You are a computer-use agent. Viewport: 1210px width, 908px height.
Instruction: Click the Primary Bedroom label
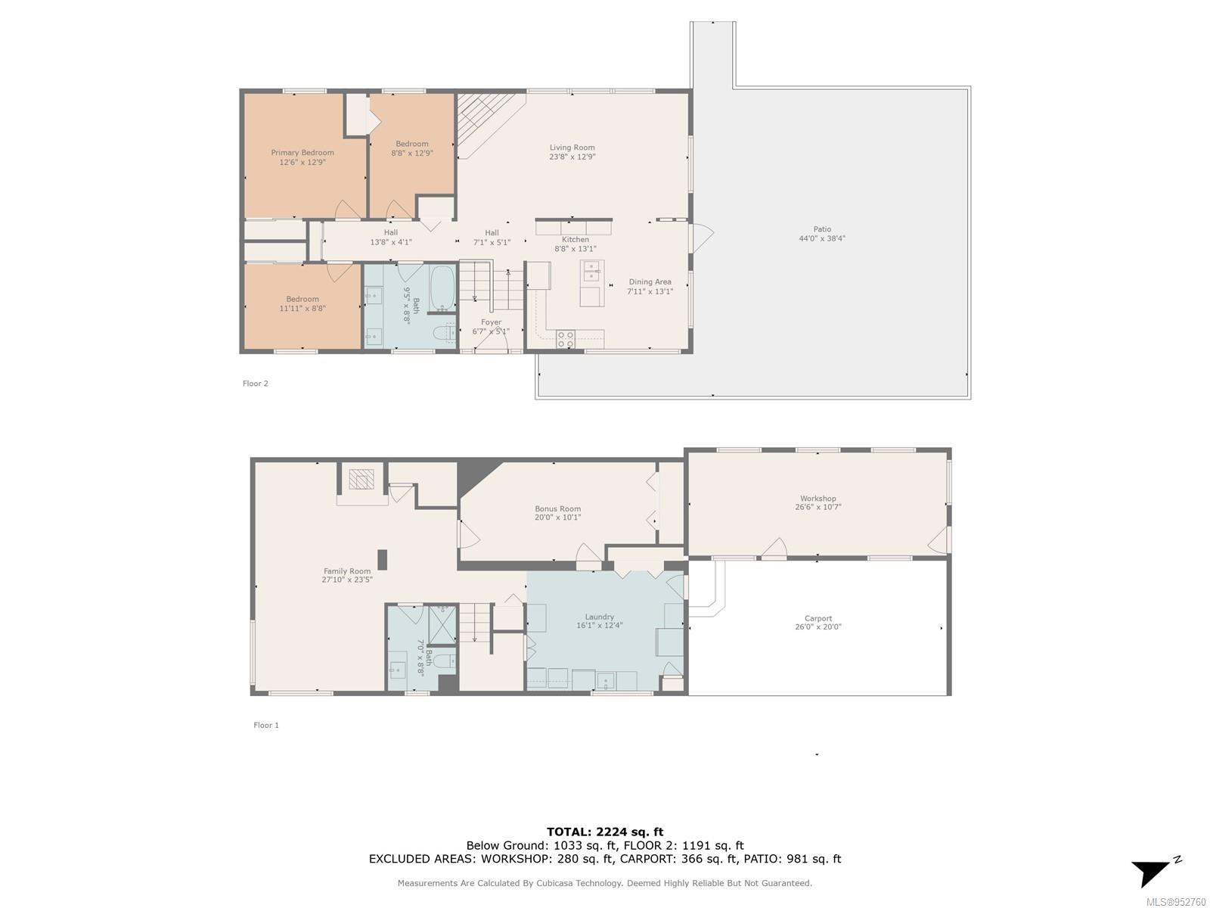pyautogui.click(x=302, y=153)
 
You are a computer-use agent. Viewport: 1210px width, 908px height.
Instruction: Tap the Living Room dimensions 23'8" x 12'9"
pyautogui.click(x=572, y=157)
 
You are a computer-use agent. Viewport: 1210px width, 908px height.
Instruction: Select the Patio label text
pyautogui.click(x=822, y=229)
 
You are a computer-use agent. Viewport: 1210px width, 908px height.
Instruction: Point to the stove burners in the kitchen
pyautogui.click(x=565, y=339)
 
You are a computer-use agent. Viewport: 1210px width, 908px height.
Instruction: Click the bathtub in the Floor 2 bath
pyautogui.click(x=442, y=288)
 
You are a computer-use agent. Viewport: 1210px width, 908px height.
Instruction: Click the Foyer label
pyautogui.click(x=491, y=322)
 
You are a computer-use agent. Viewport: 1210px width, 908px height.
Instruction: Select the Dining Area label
pyautogui.click(x=650, y=282)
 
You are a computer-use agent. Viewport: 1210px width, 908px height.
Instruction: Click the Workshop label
pyautogui.click(x=818, y=499)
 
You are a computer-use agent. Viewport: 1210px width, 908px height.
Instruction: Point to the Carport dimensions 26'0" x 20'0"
pyautogui.click(x=818, y=627)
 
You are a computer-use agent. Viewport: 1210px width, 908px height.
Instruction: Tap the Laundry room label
pyautogui.click(x=599, y=617)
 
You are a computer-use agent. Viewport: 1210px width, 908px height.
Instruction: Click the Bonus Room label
pyautogui.click(x=557, y=508)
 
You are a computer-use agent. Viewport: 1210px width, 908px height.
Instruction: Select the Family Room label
pyautogui.click(x=346, y=572)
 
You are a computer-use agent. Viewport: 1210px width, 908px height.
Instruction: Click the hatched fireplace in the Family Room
pyautogui.click(x=361, y=479)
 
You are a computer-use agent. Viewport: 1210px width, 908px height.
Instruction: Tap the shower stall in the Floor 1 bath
pyautogui.click(x=442, y=625)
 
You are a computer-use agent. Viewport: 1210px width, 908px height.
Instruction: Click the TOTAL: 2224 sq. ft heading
pyautogui.click(x=605, y=832)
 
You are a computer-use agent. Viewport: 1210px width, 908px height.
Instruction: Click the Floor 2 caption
pyautogui.click(x=255, y=384)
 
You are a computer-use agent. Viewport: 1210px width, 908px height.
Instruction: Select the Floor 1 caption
pyautogui.click(x=266, y=726)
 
